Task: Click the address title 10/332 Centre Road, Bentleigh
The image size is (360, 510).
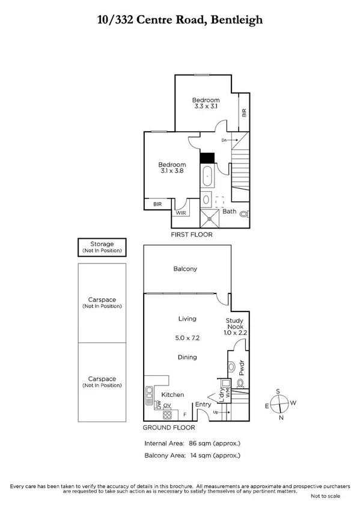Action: pos(180,20)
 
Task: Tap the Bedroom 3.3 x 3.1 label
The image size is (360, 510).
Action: pos(206,103)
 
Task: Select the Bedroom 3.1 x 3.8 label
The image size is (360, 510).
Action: pos(171,167)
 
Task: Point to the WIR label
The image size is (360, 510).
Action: pos(180,212)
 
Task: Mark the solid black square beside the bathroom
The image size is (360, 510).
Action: pos(207,158)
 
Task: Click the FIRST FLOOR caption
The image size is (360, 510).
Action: pos(192,234)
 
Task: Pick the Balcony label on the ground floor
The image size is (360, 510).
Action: pos(185,269)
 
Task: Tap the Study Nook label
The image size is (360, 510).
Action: pos(234,325)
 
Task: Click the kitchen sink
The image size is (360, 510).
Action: pos(150,395)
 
